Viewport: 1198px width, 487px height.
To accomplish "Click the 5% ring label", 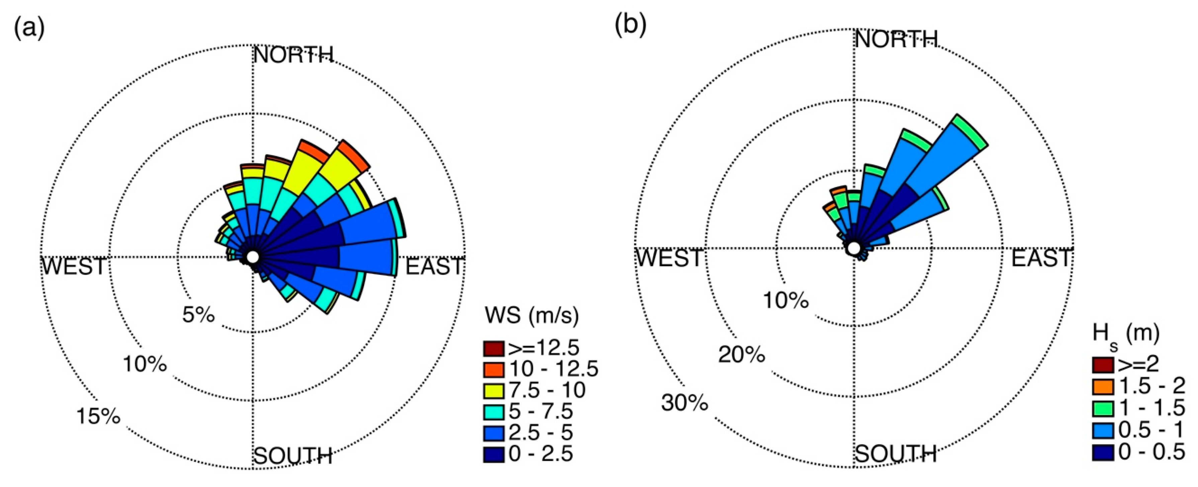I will coord(198,315).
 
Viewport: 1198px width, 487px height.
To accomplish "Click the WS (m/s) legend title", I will coord(531,316).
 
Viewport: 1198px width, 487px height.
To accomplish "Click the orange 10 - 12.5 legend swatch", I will coord(494,369).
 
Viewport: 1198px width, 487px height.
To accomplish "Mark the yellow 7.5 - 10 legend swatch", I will coord(494,390).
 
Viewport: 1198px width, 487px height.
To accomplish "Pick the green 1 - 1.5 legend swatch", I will coord(1103,408).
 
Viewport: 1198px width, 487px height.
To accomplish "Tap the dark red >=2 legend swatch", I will coord(1103,365).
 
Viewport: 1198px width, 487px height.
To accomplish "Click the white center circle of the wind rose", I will coord(253,257).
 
